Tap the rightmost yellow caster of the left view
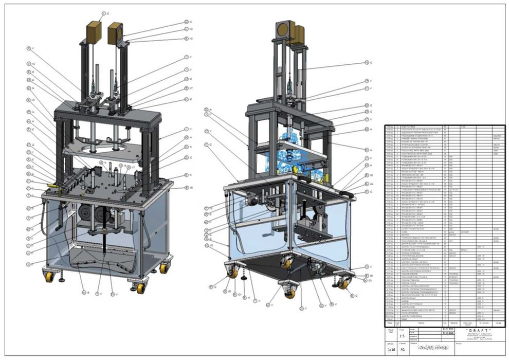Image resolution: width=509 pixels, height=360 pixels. coord(163,268)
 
